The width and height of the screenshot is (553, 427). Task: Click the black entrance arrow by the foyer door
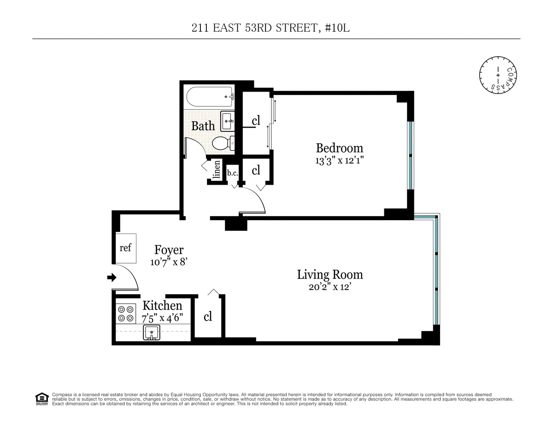pos(111,277)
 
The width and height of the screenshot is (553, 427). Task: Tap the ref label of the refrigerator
pos(125,248)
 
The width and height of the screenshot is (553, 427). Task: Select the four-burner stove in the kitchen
pos(125,313)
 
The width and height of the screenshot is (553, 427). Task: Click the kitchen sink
pos(151,332)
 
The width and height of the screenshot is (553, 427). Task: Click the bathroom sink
pos(227,121)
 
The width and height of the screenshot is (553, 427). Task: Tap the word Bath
pos(203,125)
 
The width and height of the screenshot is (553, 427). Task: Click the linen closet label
pos(216,170)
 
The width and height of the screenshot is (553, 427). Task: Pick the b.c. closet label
pos(232,173)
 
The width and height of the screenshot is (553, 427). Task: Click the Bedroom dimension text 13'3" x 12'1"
pos(340,161)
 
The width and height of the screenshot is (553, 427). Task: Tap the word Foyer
pos(169,250)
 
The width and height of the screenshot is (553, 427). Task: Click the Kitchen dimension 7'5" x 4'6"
pos(162,317)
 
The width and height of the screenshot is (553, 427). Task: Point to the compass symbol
pos(498,74)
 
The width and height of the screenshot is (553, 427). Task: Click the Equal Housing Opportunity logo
pos(42,398)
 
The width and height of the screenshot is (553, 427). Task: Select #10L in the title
pos(340,29)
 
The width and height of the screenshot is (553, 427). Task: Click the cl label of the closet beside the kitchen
pos(208,317)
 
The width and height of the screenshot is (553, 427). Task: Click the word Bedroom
pos(339,148)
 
